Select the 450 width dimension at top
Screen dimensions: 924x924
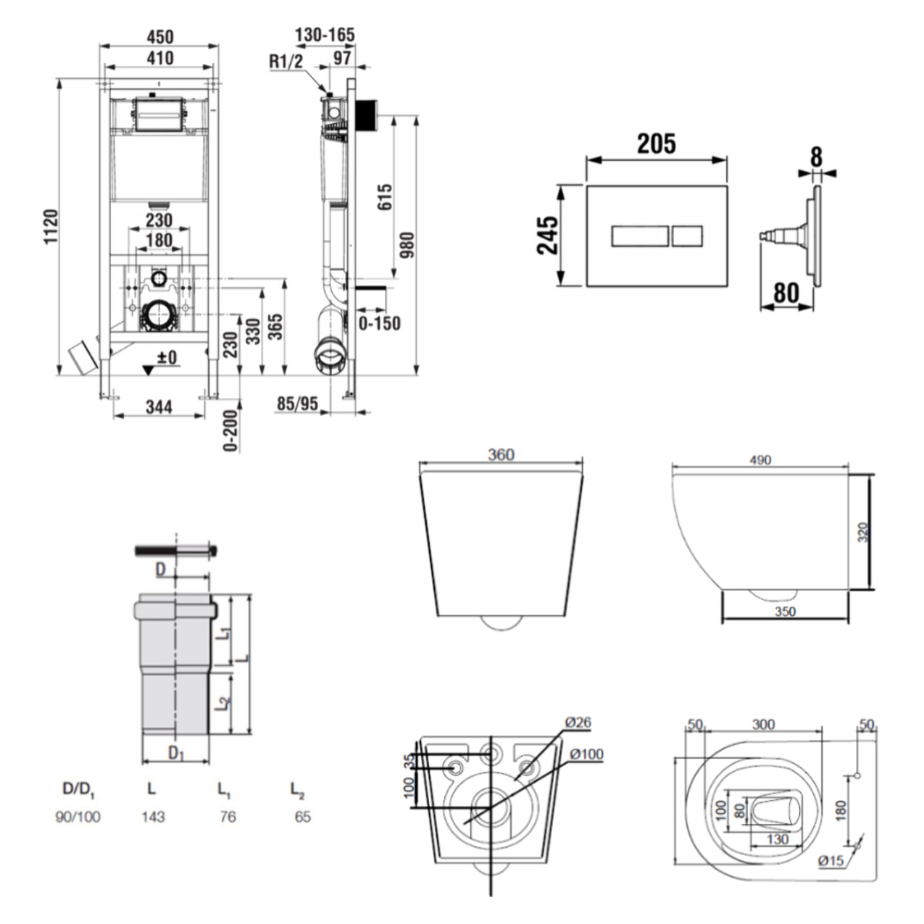click(159, 36)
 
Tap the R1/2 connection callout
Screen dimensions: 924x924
click(286, 62)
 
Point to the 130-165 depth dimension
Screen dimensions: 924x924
click(325, 35)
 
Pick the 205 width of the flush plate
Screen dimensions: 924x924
click(656, 143)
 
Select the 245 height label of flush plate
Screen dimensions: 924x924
click(548, 235)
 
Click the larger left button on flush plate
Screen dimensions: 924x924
click(640, 236)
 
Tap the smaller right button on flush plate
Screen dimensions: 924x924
click(687, 236)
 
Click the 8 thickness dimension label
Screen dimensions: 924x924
click(817, 156)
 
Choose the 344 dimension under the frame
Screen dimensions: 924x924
click(159, 406)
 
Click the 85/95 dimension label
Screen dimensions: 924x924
click(298, 404)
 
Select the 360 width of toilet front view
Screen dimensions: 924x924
click(501, 454)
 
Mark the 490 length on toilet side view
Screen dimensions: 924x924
click(760, 459)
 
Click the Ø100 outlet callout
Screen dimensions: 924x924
click(586, 754)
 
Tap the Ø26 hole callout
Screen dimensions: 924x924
click(578, 722)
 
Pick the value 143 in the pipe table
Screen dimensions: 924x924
click(153, 817)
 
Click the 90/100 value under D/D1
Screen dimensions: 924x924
click(78, 817)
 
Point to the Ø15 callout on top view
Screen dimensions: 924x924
click(831, 861)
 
